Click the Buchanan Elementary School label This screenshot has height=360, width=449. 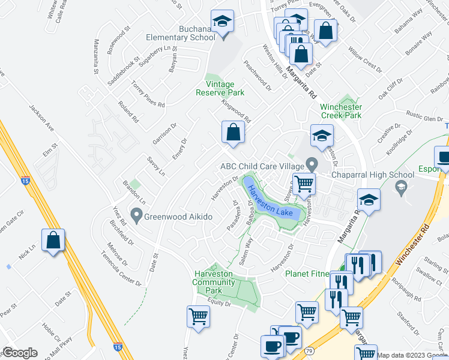(x=181, y=33)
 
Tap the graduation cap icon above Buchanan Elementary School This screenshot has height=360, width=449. (x=223, y=23)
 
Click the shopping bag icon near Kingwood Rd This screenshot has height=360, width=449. (x=232, y=131)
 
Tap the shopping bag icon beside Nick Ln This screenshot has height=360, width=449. (x=53, y=240)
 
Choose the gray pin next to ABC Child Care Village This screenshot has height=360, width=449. (x=311, y=163)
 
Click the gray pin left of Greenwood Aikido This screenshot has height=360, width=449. (x=136, y=214)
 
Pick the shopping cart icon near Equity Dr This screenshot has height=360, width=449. (x=199, y=316)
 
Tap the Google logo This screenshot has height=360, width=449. (x=20, y=353)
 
